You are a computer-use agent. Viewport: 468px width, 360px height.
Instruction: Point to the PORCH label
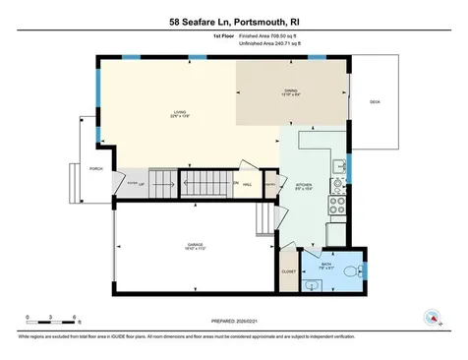95,168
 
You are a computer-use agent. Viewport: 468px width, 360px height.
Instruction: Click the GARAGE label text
196,243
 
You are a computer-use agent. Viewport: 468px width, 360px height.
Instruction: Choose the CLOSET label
288,270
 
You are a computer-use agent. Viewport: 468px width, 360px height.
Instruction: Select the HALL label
249,185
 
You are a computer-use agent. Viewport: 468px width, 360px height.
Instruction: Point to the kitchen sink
336,166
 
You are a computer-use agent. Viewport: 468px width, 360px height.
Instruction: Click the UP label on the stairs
142,184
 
